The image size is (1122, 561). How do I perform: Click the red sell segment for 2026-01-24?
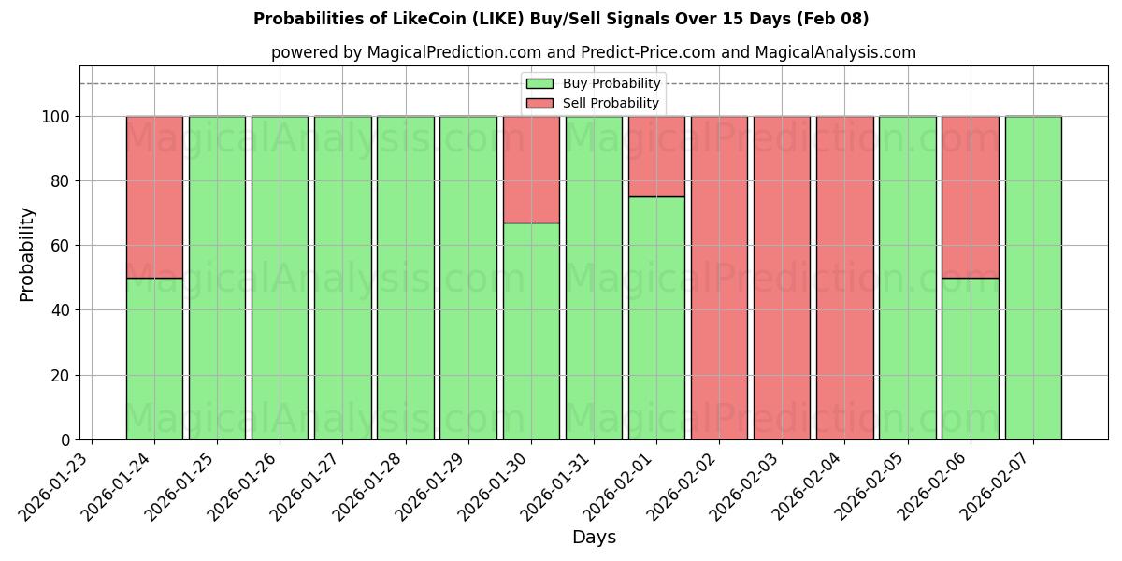click(154, 196)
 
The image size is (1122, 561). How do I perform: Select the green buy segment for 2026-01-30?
click(531, 331)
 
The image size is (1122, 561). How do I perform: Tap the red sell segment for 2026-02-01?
click(656, 156)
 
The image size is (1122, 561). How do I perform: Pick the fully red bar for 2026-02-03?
click(782, 278)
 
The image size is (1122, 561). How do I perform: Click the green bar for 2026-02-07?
click(1033, 278)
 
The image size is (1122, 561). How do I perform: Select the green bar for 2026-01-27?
click(342, 278)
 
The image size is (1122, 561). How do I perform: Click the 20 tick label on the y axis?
click(58, 376)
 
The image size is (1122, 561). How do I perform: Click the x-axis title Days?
click(594, 538)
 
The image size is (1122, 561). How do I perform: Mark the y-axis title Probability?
click(27, 254)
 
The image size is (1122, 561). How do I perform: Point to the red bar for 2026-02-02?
click(719, 278)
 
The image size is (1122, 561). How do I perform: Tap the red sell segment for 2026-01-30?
click(531, 169)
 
